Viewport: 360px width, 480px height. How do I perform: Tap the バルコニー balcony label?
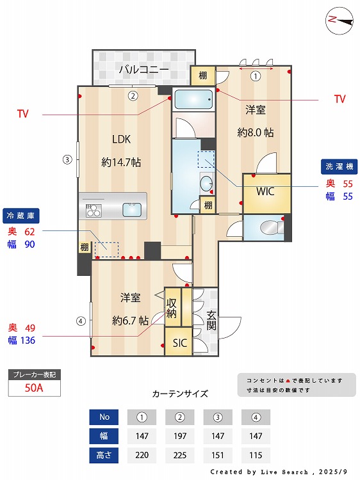pyautogui.click(x=143, y=69)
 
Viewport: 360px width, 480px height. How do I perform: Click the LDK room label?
pyautogui.click(x=121, y=139)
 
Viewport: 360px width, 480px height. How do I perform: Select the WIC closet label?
pyautogui.click(x=266, y=191)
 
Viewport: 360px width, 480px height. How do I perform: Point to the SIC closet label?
pyautogui.click(x=179, y=343)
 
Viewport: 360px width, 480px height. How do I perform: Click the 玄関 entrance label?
pyautogui.click(x=211, y=320)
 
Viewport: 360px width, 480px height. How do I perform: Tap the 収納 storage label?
pyautogui.click(x=172, y=308)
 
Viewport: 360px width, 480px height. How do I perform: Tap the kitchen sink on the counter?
pyautogui.click(x=132, y=209)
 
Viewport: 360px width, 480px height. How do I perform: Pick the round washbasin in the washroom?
pyautogui.click(x=206, y=185)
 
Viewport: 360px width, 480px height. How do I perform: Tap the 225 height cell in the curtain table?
pyautogui.click(x=179, y=456)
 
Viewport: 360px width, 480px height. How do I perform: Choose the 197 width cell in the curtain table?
pyautogui.click(x=179, y=437)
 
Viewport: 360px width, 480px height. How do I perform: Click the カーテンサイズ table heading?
pyautogui.click(x=180, y=394)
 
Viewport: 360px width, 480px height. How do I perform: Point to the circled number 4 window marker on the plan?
pyautogui.click(x=80, y=321)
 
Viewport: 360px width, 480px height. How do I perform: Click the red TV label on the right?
pyautogui.click(x=340, y=99)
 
